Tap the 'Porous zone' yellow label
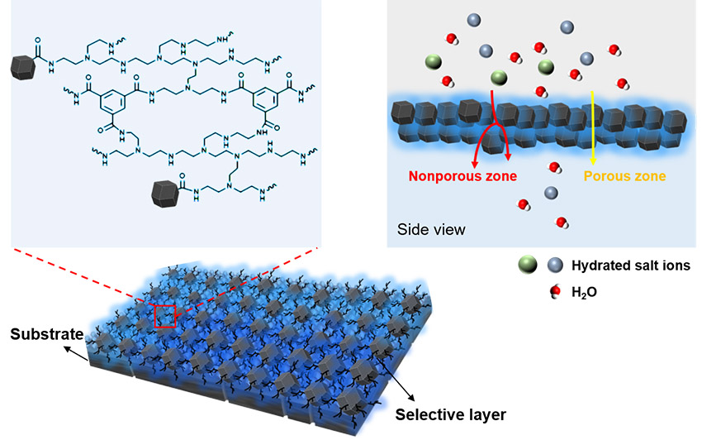[624, 175]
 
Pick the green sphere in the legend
[525, 265]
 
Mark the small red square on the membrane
[164, 316]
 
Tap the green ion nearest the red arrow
[498, 78]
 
